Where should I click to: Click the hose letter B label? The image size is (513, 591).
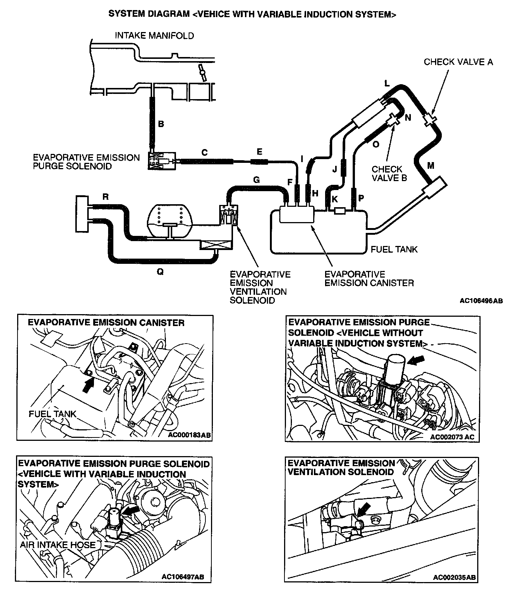pyautogui.click(x=161, y=124)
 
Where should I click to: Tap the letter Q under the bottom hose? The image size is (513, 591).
pyautogui.click(x=160, y=272)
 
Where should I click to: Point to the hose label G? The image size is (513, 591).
pyautogui.click(x=256, y=180)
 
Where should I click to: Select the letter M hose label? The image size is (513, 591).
pyautogui.click(x=431, y=165)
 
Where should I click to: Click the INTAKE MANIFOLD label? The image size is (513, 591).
pyautogui.click(x=154, y=36)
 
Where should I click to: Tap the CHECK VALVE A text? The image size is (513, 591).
pyautogui.click(x=458, y=62)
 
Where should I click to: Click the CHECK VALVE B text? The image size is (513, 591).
pyautogui.click(x=389, y=174)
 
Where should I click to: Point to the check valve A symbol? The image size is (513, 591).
pyautogui.click(x=430, y=119)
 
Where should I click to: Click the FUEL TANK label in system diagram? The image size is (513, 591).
pyautogui.click(x=394, y=249)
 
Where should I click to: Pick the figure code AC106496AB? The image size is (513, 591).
pyautogui.click(x=481, y=301)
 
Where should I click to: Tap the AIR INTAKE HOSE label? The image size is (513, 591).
pyautogui.click(x=58, y=544)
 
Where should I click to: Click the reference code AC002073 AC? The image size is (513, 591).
pyautogui.click(x=452, y=437)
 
